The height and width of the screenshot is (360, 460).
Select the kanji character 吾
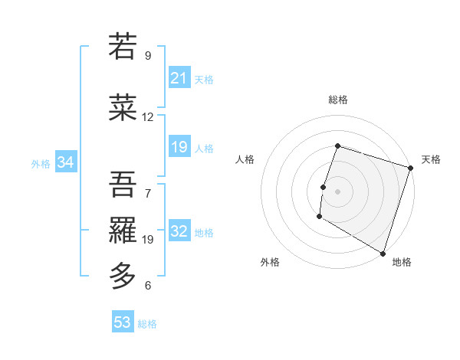click(123, 183)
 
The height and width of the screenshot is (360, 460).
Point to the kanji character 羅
click(123, 229)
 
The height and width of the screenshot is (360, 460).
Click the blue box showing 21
click(179, 78)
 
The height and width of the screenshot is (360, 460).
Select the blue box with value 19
click(179, 147)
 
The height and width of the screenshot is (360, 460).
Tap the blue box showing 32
click(179, 231)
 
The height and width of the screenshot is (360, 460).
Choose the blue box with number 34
click(66, 162)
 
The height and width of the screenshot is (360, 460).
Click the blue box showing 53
click(123, 322)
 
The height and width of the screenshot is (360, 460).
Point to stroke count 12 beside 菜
click(148, 117)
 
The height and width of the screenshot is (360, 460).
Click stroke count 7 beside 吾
click(148, 194)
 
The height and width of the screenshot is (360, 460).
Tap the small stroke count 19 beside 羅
click(148, 240)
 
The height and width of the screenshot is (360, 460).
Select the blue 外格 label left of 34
click(41, 163)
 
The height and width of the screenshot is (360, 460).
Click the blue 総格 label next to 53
click(147, 323)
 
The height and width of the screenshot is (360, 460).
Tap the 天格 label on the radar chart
click(431, 159)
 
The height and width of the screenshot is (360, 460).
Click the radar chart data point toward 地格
click(383, 253)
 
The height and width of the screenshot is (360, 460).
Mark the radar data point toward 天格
click(410, 168)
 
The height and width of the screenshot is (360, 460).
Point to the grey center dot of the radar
click(337, 191)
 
